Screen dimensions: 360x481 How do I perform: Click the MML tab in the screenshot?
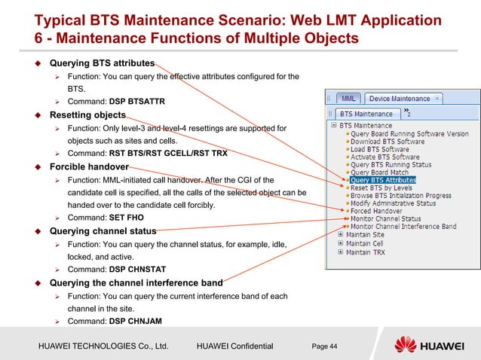tap(348, 99)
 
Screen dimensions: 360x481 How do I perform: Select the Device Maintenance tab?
tap(400, 99)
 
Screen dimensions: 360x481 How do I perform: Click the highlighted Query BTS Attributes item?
tap(383, 181)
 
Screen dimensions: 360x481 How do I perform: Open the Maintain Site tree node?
tap(364, 235)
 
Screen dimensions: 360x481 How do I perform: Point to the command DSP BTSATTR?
tap(136, 101)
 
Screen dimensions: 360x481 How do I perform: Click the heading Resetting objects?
tap(87, 115)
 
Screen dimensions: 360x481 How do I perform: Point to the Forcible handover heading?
tap(89, 166)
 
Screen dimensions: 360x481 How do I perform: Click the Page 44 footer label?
tap(323, 345)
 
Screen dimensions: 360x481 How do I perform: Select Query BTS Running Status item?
tap(391, 165)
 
